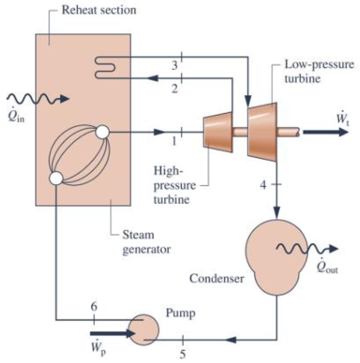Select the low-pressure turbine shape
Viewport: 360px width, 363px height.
point(262,131)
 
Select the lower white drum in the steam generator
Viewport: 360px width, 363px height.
point(57,178)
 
